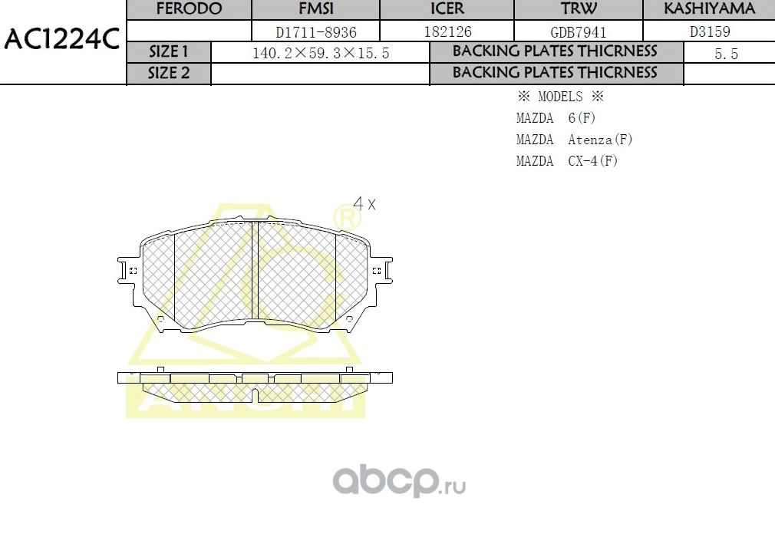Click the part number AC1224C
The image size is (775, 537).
(61, 39)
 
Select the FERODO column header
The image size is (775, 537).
(189, 9)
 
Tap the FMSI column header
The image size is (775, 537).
(317, 9)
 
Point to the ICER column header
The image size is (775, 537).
(447, 9)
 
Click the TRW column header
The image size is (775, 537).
(578, 9)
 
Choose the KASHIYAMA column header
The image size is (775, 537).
(709, 9)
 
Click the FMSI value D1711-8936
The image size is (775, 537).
(317, 32)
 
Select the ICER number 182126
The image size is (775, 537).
(447, 32)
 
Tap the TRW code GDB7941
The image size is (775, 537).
(578, 32)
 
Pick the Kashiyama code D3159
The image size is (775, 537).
(709, 32)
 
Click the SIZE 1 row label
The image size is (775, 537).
(168, 52)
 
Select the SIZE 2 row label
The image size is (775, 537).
(168, 73)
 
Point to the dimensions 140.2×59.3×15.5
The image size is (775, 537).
(321, 53)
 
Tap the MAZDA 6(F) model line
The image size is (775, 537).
(556, 118)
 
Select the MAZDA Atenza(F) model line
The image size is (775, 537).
(574, 140)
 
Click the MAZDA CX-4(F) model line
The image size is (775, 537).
(566, 161)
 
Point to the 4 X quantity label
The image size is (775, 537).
(364, 204)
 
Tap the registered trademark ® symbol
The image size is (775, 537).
(348, 219)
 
